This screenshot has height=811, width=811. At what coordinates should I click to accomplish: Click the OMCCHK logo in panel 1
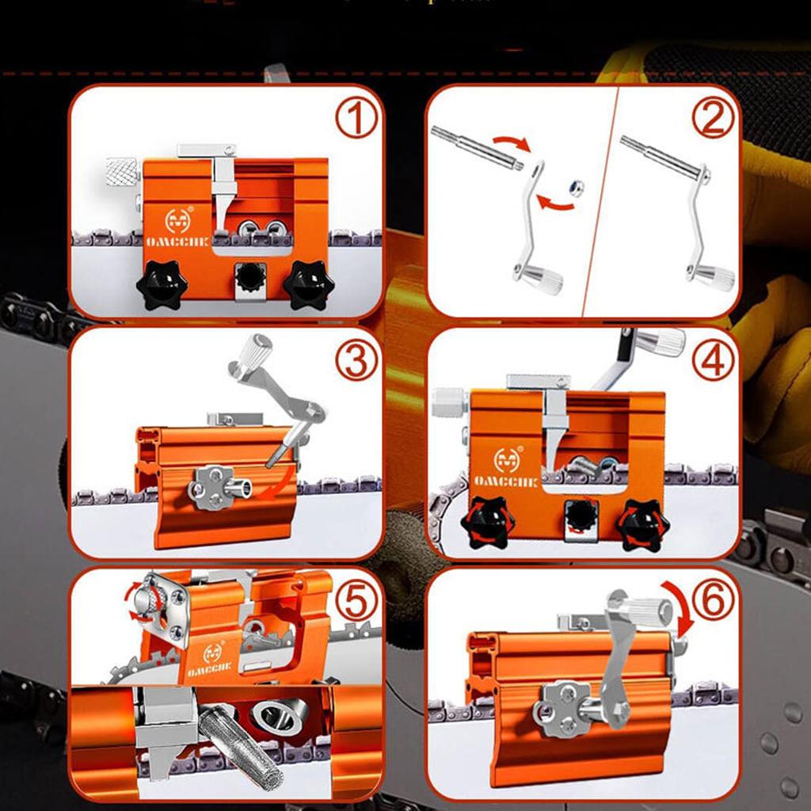tap(177, 225)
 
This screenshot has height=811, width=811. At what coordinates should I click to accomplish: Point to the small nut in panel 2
tap(577, 185)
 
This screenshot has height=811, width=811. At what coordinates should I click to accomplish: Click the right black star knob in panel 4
tap(643, 524)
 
